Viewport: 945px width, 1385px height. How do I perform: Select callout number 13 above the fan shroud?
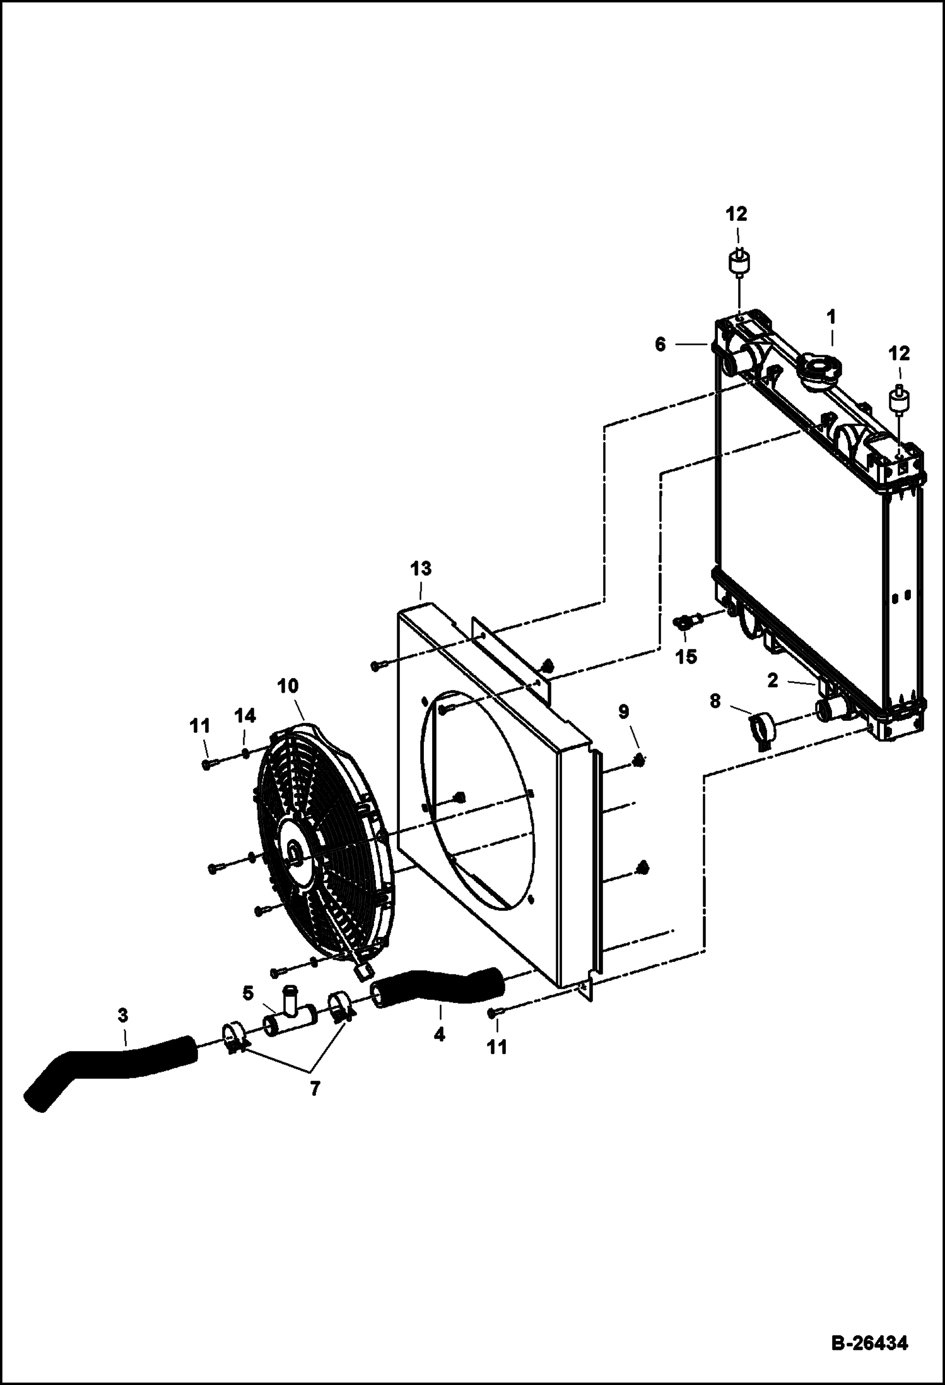click(421, 569)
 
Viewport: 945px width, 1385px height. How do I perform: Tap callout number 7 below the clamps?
click(315, 1088)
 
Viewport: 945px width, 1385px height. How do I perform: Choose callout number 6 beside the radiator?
click(660, 345)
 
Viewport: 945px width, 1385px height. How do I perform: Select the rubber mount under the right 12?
click(900, 401)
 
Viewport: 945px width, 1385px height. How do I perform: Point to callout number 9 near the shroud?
click(623, 712)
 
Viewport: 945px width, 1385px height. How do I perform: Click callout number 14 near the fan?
click(245, 716)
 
